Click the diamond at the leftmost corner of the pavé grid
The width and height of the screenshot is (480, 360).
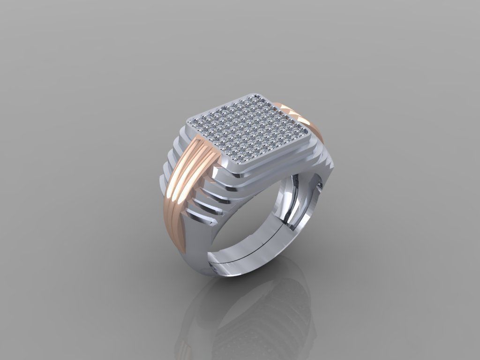coord(194,122)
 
